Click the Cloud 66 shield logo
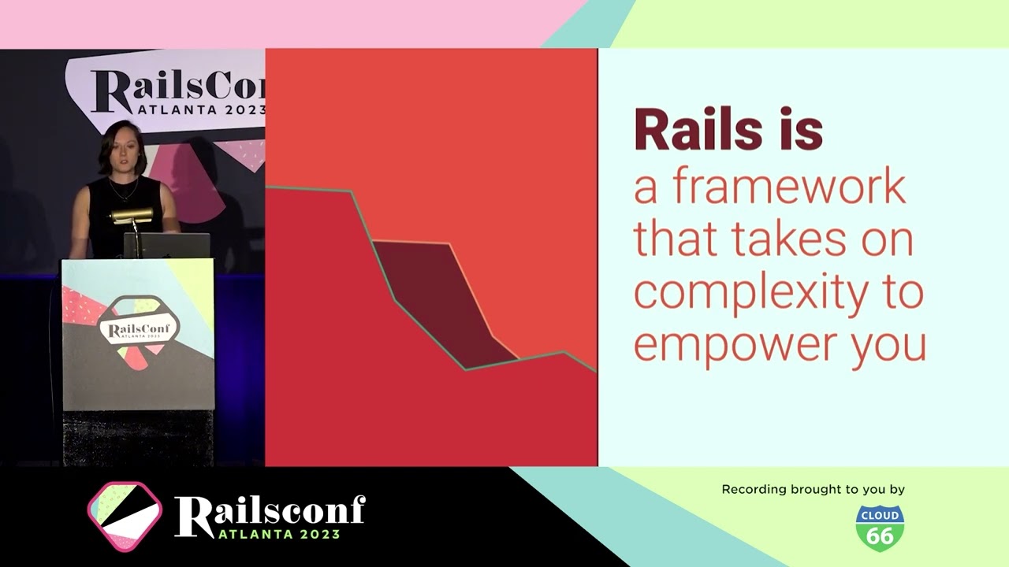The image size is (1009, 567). (880, 528)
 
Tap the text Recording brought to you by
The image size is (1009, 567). (813, 490)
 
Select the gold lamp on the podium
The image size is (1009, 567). (132, 215)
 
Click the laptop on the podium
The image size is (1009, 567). (167, 246)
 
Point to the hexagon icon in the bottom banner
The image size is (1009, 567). (125, 517)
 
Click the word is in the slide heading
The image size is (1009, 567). (798, 131)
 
